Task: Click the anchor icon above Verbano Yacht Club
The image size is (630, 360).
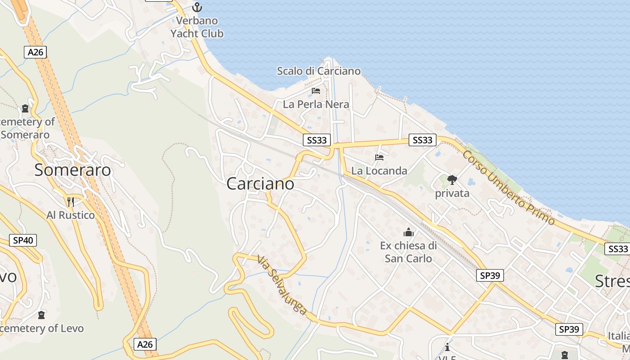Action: [x=197, y=7]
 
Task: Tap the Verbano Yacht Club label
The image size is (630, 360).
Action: [x=197, y=27]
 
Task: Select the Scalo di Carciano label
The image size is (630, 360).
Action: [x=319, y=71]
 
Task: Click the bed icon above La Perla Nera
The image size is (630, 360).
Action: [x=316, y=91]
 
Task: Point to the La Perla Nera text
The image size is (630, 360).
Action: [x=316, y=104]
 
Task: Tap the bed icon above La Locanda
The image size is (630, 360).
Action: [x=379, y=157]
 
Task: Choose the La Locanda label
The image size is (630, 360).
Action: [x=379, y=171]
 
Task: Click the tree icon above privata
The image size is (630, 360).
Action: [x=452, y=180]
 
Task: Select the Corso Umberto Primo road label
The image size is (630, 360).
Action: [x=508, y=187]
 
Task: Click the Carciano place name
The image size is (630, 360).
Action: [x=260, y=184]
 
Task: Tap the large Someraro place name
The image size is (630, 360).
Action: [x=72, y=170]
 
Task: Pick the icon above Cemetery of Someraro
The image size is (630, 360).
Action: [x=25, y=108]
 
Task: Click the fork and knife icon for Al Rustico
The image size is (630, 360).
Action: [x=70, y=201]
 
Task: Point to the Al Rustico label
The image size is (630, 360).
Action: [x=71, y=215]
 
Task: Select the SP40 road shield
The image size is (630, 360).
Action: [x=23, y=240]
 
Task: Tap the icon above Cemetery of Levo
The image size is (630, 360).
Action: [x=41, y=315]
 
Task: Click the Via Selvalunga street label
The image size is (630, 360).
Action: [x=282, y=285]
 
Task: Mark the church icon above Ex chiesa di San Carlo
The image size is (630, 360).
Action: [x=409, y=232]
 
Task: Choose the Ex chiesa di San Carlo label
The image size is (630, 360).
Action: [x=408, y=252]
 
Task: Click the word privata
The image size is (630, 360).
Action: [x=452, y=193]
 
